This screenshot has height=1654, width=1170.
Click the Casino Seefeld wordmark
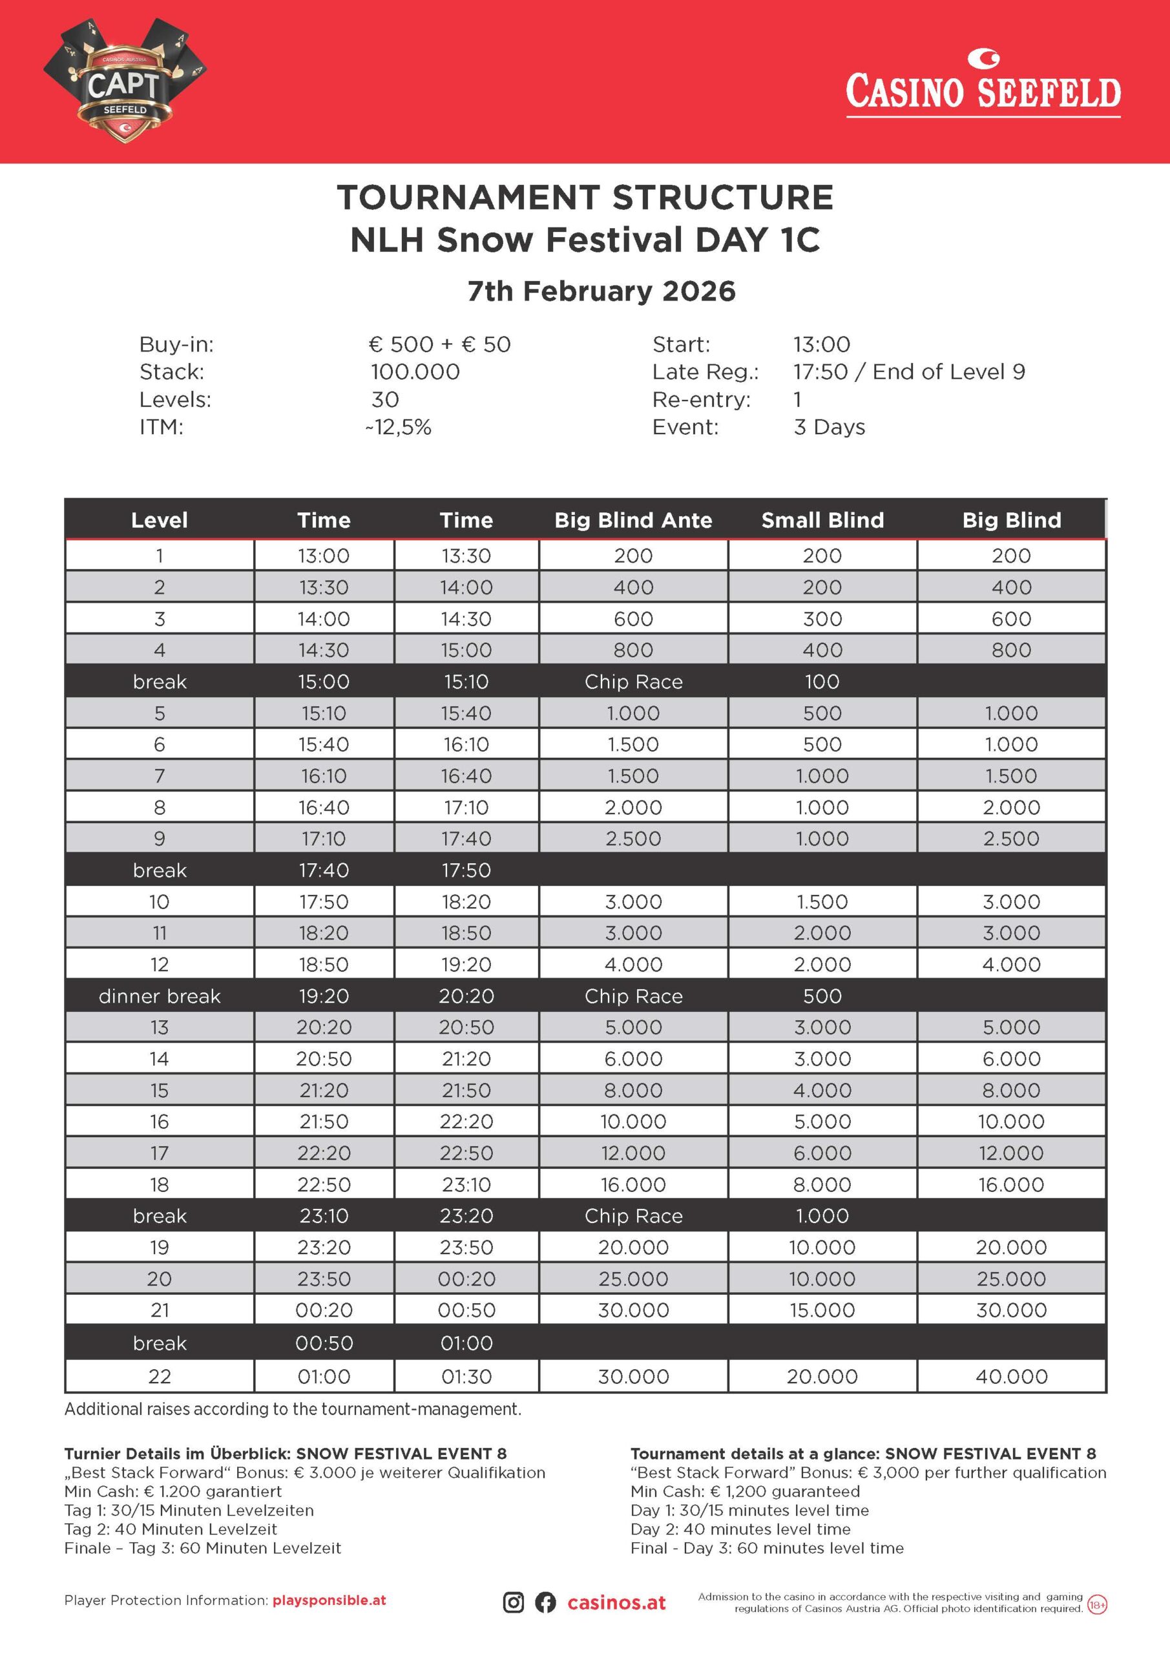983,90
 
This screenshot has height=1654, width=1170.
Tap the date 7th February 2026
601,291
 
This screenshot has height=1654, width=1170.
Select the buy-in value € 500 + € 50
439,344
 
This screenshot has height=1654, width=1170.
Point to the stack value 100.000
415,372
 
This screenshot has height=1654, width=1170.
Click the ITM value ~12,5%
399,427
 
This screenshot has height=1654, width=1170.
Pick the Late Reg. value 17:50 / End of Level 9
908,372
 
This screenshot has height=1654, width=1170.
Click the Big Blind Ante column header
633,520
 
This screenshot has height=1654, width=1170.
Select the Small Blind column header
822,520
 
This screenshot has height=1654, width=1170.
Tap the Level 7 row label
159,776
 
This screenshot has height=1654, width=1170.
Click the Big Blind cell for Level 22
1011,1377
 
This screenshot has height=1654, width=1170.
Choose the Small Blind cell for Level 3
822,619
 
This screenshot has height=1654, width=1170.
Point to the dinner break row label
159,996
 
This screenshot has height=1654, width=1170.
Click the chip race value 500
822,996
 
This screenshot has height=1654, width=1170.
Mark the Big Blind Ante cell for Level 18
633,1184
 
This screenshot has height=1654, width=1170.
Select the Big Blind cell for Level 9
1011,839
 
